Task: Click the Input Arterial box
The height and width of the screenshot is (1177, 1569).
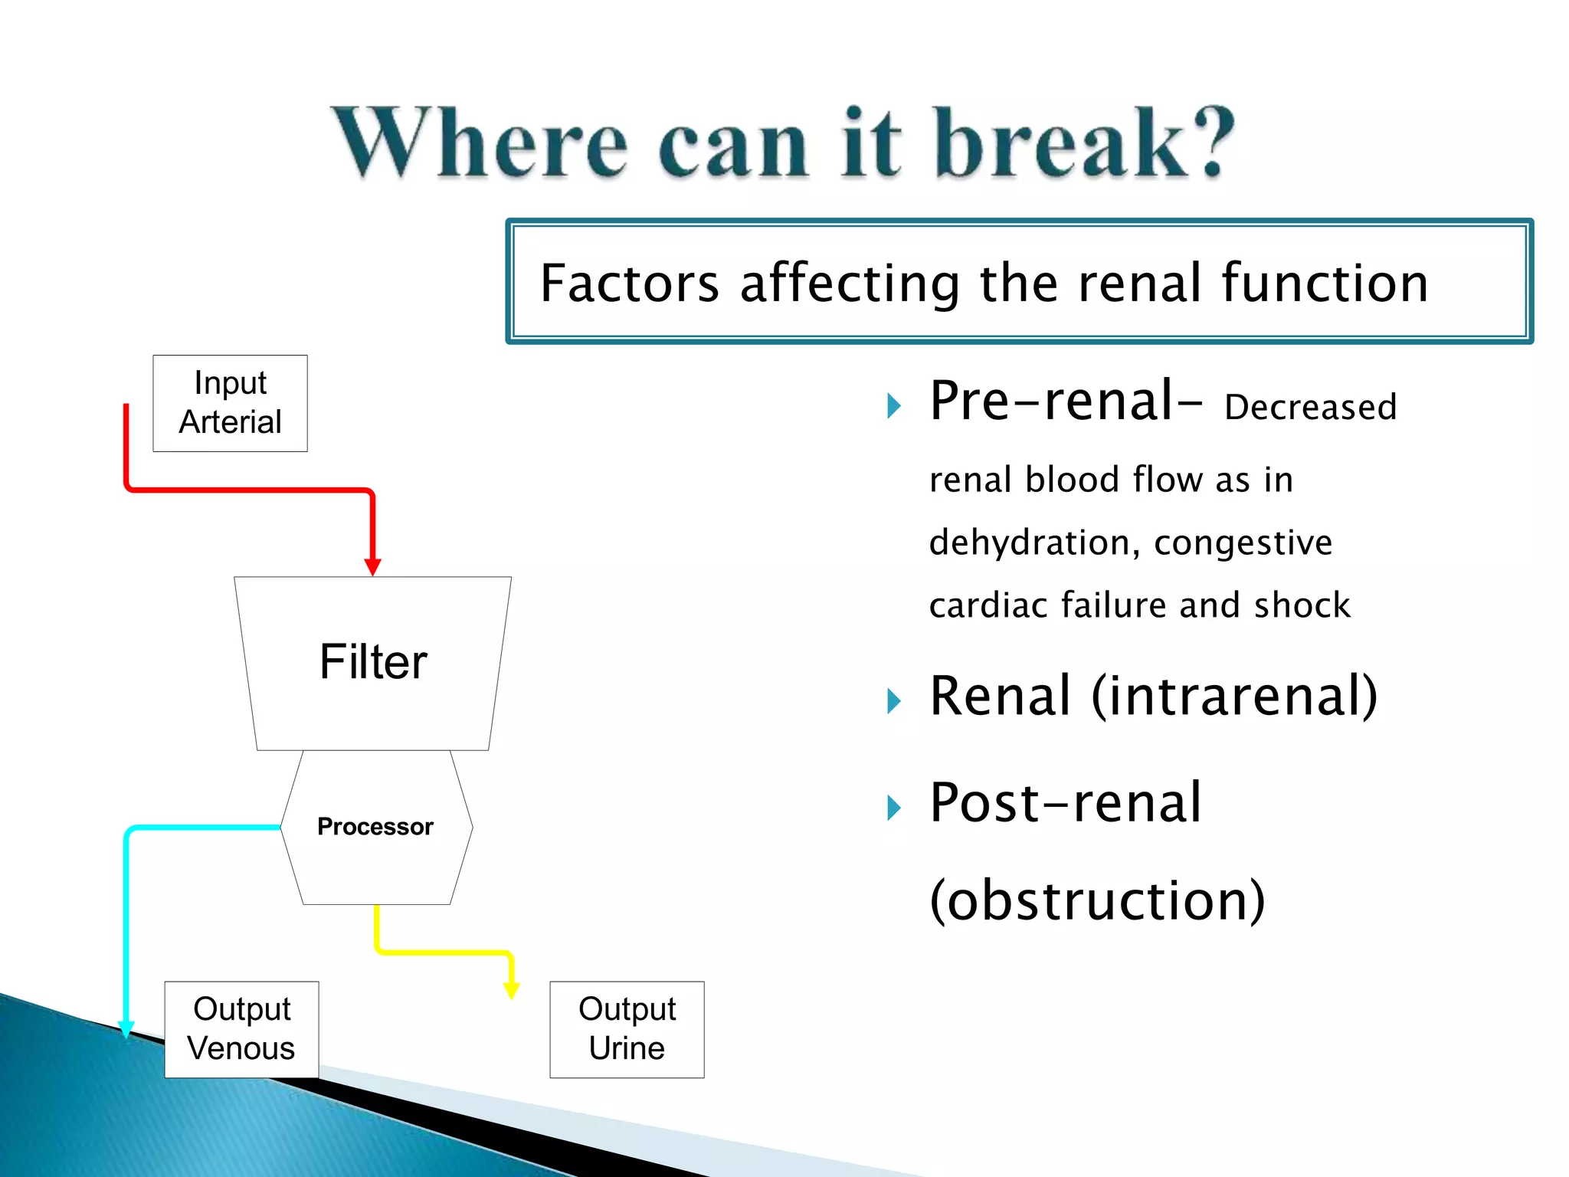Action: click(x=230, y=403)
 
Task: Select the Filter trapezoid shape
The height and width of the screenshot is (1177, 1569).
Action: click(x=373, y=663)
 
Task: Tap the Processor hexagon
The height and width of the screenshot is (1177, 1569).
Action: click(x=375, y=827)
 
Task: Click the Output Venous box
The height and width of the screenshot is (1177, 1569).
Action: click(x=241, y=1029)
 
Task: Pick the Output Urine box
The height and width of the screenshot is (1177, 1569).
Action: click(x=627, y=1029)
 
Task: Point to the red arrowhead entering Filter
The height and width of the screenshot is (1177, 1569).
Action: click(x=373, y=567)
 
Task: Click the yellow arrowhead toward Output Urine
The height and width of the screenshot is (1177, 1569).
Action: click(x=511, y=990)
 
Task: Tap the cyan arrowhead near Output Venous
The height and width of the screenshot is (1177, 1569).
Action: click(x=127, y=1029)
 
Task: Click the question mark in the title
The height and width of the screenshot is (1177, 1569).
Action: click(x=1211, y=143)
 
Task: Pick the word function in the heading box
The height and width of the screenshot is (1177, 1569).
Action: click(x=1325, y=283)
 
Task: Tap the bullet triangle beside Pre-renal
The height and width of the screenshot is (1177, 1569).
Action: click(x=893, y=405)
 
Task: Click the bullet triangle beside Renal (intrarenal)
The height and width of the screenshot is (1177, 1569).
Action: click(x=893, y=700)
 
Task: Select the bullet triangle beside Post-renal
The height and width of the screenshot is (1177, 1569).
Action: click(x=893, y=808)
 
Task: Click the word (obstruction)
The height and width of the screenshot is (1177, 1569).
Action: click(x=1097, y=900)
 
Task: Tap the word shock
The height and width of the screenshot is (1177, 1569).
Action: click(x=1302, y=605)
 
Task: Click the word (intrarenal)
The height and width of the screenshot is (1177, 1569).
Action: click(x=1234, y=697)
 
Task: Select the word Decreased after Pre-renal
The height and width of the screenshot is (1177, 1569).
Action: click(x=1311, y=408)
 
